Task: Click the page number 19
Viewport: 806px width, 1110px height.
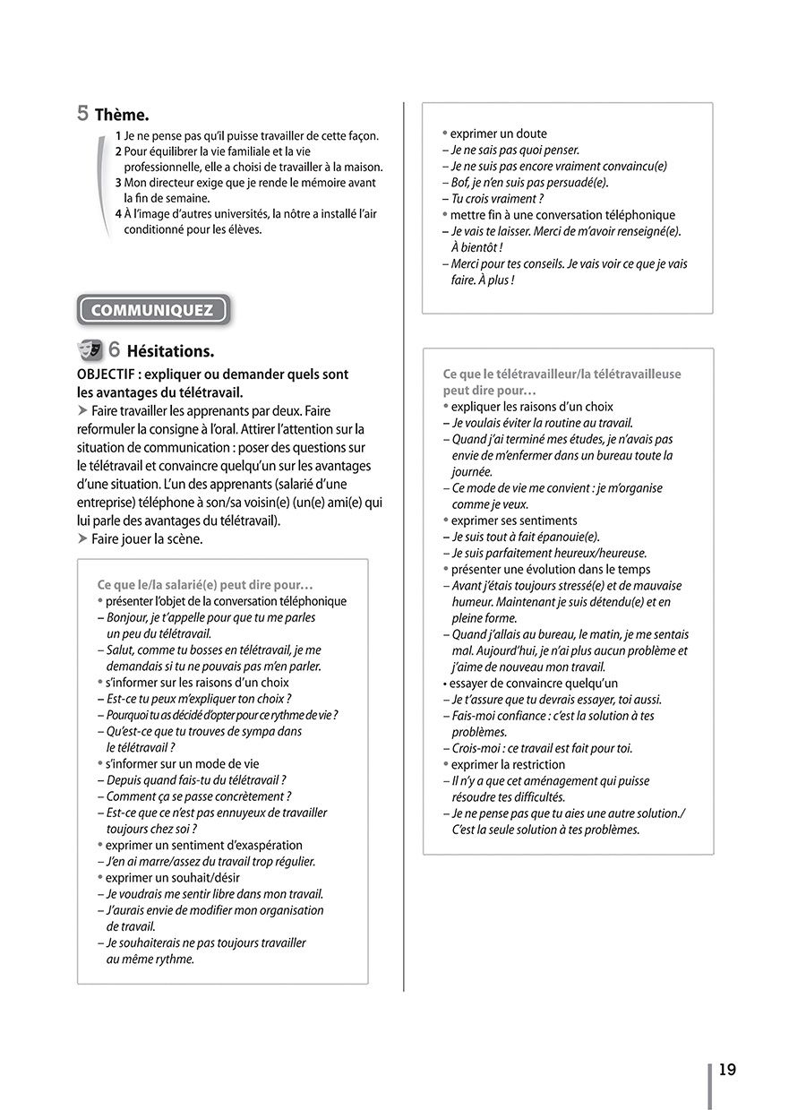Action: pyautogui.click(x=727, y=1070)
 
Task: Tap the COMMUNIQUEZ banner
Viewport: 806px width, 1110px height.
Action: pyautogui.click(x=153, y=311)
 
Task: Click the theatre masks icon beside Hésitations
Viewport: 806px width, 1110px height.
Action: pyautogui.click(x=90, y=350)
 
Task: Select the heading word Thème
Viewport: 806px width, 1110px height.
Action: pyautogui.click(x=121, y=115)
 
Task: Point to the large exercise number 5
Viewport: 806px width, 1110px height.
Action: pyautogui.click(x=82, y=114)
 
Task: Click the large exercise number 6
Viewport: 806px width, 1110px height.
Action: pyautogui.click(x=116, y=350)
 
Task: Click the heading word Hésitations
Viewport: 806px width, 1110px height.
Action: pyautogui.click(x=171, y=351)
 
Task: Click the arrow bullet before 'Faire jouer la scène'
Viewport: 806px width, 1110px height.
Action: pyautogui.click(x=82, y=539)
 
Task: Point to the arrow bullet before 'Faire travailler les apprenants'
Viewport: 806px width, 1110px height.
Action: pyautogui.click(x=82, y=411)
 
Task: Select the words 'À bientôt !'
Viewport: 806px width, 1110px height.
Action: pyautogui.click(x=476, y=247)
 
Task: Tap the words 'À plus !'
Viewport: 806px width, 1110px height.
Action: pyautogui.click(x=494, y=280)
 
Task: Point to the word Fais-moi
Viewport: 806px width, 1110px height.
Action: pyautogui.click(x=476, y=716)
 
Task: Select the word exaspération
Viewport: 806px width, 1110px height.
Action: pyautogui.click(x=262, y=845)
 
